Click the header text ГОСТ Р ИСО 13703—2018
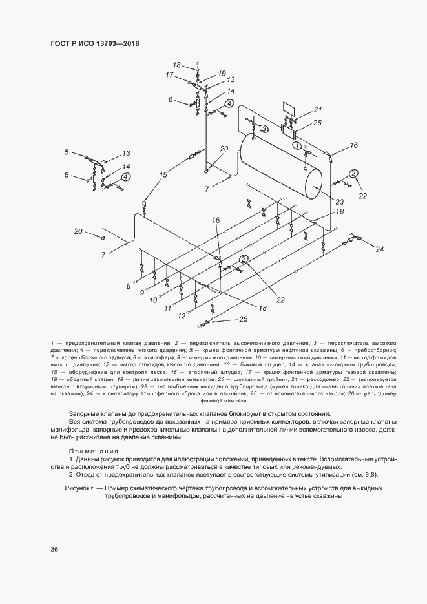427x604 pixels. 94,43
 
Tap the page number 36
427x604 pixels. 54,550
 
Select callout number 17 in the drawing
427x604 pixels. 170,76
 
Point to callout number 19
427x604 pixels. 222,73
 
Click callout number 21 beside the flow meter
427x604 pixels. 317,109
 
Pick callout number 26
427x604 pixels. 317,122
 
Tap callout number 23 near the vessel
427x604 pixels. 340,202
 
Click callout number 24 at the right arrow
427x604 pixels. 379,249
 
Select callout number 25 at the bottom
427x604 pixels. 243,319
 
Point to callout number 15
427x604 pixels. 163,175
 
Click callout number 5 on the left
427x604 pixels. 66,152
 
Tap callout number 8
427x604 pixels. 129,286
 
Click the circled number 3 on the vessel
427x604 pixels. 263,129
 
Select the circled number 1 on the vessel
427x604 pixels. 298,147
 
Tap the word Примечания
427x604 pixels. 94,452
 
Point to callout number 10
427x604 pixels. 153,300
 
